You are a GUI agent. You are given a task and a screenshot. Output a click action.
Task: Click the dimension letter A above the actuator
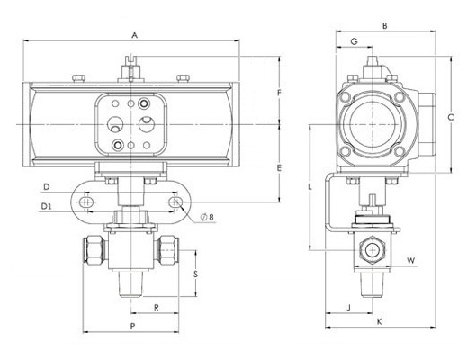point(135,35)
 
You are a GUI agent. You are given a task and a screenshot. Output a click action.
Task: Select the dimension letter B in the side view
point(385,26)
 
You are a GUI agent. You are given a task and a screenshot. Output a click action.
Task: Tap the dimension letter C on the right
point(451,117)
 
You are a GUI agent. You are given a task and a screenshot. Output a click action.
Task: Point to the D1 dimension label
point(46,206)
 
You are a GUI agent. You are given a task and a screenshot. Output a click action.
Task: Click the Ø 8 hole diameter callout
point(208,217)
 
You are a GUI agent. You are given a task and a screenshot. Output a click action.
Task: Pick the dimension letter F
point(279,93)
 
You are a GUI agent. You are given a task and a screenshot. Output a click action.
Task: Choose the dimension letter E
point(279,168)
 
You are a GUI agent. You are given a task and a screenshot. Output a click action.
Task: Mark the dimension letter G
point(355,41)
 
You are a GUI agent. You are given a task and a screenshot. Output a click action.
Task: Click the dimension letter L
point(310,187)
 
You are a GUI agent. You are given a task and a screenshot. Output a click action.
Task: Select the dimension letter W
point(411,260)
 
